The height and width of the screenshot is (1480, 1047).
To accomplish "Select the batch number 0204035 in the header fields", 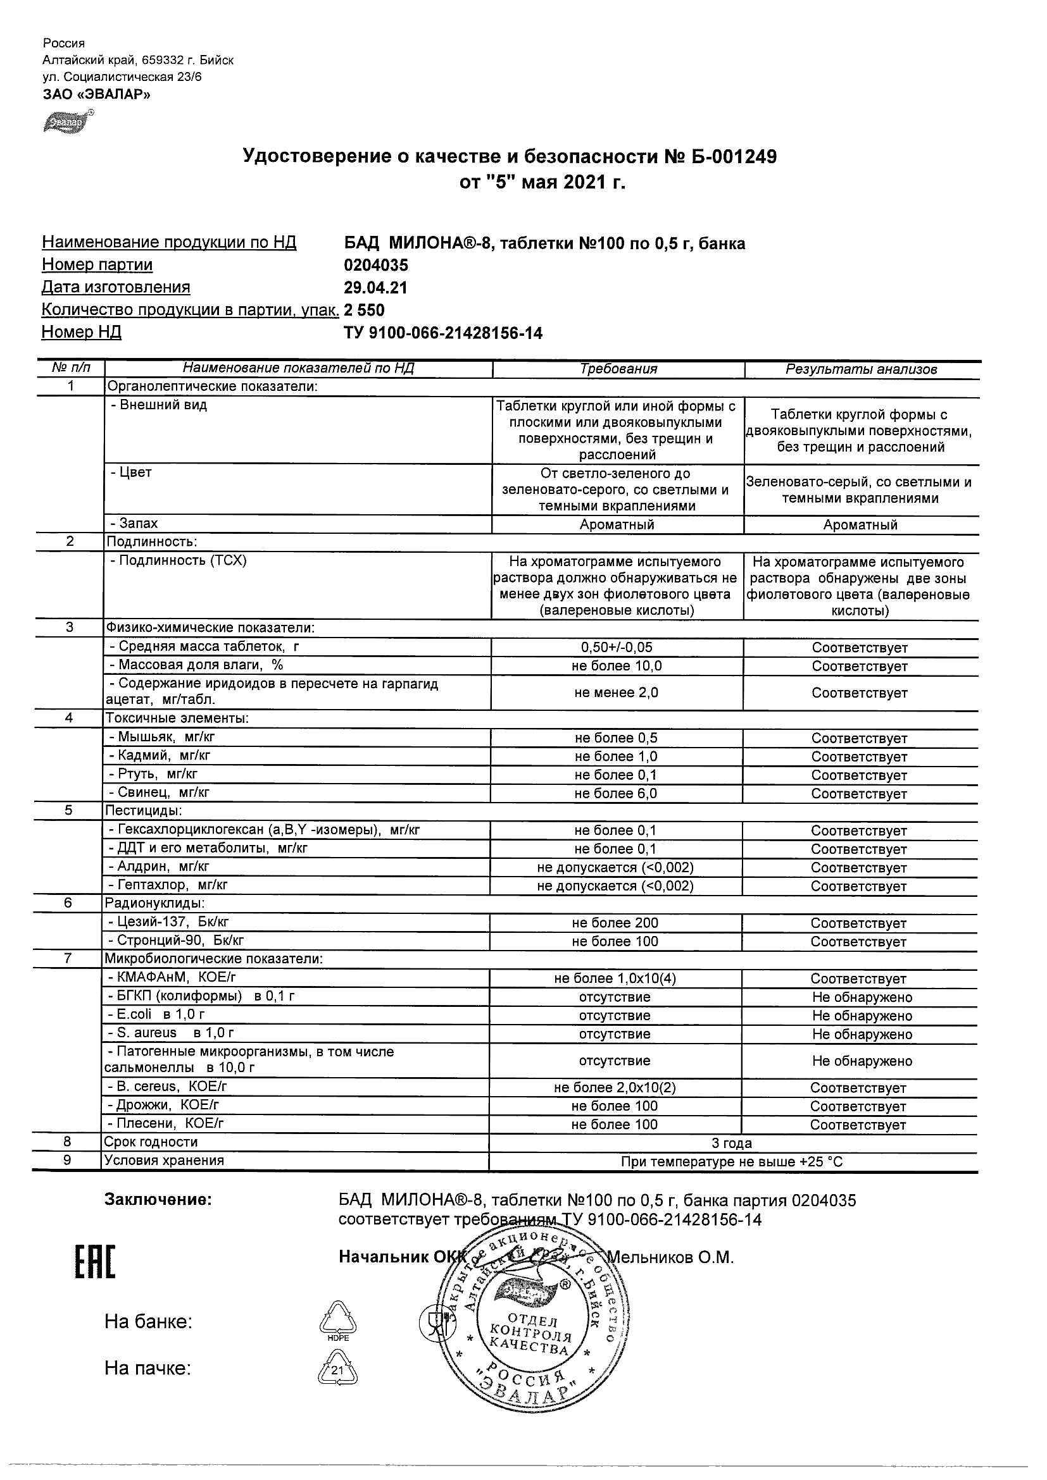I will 375,266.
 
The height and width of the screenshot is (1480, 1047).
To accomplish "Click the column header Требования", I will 618,369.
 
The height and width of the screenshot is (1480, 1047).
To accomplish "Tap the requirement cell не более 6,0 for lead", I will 615,794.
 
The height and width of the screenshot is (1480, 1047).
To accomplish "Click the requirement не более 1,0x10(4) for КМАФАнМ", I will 615,978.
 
